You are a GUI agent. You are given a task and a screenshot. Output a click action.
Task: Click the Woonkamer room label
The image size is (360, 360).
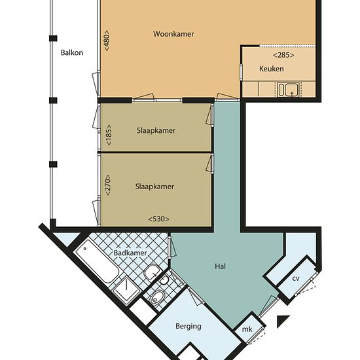[x=173, y=34]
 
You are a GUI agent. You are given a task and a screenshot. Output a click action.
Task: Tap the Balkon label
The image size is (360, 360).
[x=72, y=53]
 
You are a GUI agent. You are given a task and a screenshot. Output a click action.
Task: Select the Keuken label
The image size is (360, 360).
[x=272, y=69]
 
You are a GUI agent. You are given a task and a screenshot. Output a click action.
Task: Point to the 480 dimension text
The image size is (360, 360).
[x=107, y=41]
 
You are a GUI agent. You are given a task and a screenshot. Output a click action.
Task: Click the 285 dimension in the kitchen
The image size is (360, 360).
[x=283, y=55]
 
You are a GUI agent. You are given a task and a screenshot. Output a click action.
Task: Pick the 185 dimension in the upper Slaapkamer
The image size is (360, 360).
[x=109, y=135]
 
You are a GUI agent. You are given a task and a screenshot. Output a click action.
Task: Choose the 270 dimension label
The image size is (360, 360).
[x=108, y=185]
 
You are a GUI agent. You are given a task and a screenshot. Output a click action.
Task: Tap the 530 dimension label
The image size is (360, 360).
[x=158, y=219]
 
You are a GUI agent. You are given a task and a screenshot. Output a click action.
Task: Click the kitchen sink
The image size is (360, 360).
[x=289, y=90]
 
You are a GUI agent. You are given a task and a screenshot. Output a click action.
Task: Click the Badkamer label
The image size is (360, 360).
[x=130, y=253]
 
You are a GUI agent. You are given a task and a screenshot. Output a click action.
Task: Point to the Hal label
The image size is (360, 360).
[x=220, y=266]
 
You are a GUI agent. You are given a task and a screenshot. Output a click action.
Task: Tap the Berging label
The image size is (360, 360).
[x=189, y=326]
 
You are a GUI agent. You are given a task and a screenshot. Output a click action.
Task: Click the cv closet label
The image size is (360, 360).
[x=296, y=278]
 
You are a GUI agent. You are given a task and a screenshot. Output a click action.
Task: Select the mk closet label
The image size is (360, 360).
[x=247, y=329]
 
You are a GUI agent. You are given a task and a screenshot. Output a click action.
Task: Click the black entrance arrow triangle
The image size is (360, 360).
[x=282, y=321]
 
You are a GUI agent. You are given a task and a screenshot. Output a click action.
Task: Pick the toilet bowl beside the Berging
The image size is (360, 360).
[x=157, y=297]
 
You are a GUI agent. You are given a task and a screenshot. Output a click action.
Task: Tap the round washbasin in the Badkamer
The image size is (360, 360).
[x=152, y=272]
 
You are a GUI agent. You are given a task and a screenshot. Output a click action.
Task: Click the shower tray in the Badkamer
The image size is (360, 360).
[x=127, y=290]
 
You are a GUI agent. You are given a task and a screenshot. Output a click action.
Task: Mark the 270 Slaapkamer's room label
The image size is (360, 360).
[x=154, y=187]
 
